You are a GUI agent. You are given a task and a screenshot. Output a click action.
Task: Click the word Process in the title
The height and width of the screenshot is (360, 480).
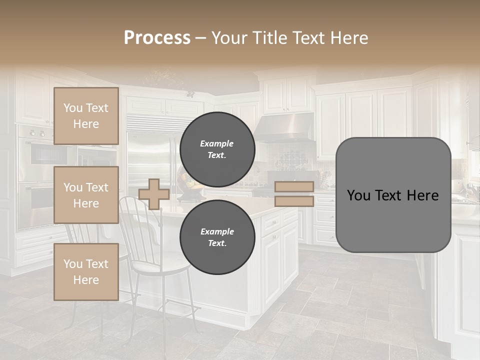[x=157, y=38]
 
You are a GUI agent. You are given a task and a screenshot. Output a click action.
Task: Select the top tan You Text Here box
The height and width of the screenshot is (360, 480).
[x=86, y=116]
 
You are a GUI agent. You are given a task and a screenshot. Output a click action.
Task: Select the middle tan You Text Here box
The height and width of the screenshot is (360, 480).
[x=86, y=195]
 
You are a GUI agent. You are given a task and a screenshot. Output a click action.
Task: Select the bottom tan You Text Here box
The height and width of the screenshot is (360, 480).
[x=86, y=272]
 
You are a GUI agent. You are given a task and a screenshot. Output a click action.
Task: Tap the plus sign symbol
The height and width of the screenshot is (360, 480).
[x=154, y=194]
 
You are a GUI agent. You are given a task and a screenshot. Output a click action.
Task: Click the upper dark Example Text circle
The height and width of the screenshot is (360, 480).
[x=217, y=149]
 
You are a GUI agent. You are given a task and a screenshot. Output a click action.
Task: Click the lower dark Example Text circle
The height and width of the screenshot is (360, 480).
[x=217, y=237]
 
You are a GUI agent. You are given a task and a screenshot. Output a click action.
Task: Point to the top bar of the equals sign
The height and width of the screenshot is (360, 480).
[x=294, y=186]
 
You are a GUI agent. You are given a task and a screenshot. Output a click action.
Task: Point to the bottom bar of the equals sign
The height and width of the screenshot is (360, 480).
[x=294, y=201]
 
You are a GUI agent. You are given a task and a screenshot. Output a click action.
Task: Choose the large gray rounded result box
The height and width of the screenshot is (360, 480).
[x=393, y=195]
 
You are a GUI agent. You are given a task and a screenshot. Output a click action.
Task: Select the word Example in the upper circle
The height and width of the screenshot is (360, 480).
[x=217, y=143]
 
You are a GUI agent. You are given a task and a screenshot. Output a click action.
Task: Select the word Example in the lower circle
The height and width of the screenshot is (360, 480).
[x=217, y=231]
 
